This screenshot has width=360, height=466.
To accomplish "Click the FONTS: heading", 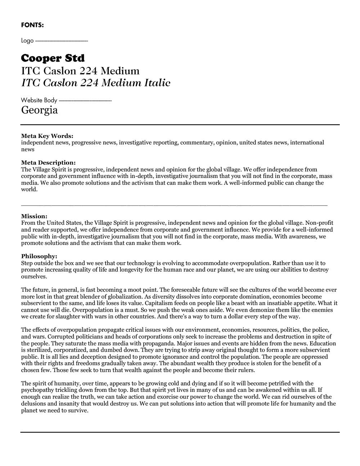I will (32, 25).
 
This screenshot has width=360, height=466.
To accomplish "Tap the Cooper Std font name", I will (53, 58).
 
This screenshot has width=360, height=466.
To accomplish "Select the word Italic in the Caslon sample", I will (157, 83).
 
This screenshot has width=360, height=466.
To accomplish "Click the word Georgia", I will (39, 110).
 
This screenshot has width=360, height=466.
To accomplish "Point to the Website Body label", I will (39, 100).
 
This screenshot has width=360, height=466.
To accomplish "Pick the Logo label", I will (27, 41).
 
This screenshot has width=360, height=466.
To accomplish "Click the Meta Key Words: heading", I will (47, 136).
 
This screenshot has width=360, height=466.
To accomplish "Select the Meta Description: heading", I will (48, 163).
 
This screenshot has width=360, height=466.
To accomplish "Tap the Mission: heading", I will (34, 216).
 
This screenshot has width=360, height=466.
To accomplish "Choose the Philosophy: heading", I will (39, 256).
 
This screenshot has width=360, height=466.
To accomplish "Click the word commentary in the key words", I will (197, 143).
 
